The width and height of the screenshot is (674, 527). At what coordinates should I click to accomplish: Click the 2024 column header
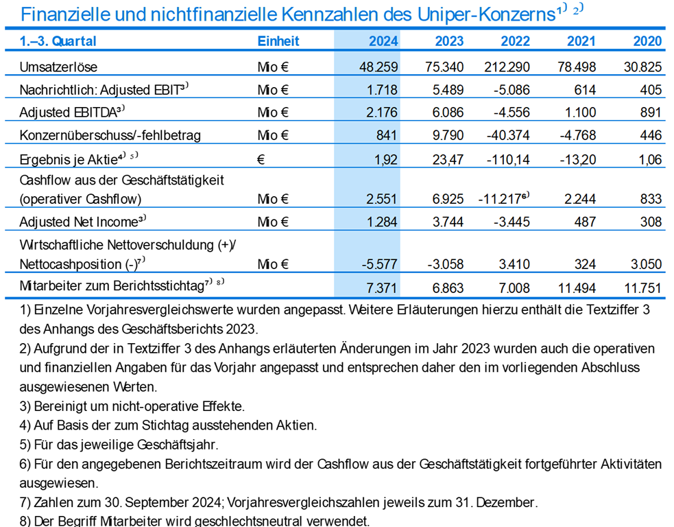(x=383, y=41)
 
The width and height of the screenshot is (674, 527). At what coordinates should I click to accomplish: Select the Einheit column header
(x=278, y=41)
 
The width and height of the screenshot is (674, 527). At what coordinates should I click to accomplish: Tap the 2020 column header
(x=647, y=41)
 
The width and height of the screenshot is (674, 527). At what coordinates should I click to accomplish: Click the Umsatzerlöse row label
(x=58, y=67)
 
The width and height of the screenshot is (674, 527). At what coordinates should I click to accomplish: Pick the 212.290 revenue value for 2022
(x=507, y=67)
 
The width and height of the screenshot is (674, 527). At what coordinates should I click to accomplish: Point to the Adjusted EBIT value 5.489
(x=448, y=90)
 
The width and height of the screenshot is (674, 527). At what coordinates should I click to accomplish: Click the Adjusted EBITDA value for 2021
(x=580, y=113)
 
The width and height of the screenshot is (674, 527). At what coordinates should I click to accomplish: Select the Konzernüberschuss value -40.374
(x=509, y=135)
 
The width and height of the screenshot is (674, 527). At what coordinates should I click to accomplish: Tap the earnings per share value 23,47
(x=448, y=160)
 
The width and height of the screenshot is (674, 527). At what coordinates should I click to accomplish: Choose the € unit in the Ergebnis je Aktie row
(x=261, y=160)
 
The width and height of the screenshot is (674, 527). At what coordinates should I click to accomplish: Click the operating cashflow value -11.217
(x=500, y=199)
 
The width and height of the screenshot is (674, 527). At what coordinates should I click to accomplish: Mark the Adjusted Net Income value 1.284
(x=382, y=222)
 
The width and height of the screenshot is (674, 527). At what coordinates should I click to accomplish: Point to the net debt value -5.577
(x=380, y=264)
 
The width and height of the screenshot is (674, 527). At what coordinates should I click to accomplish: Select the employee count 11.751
(x=642, y=288)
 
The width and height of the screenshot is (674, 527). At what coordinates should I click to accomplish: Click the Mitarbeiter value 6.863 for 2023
(x=448, y=288)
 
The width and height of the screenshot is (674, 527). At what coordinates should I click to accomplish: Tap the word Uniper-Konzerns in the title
(x=486, y=14)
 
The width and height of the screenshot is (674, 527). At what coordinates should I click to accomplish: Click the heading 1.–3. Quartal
(x=58, y=41)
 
